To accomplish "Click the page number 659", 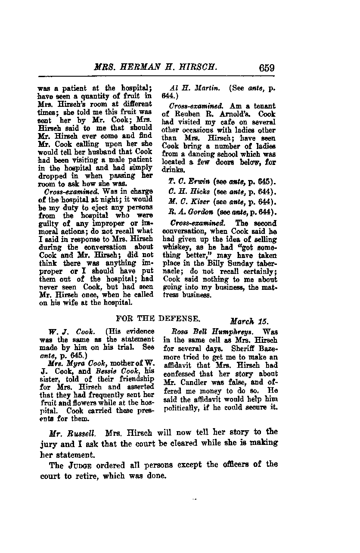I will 267,68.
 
